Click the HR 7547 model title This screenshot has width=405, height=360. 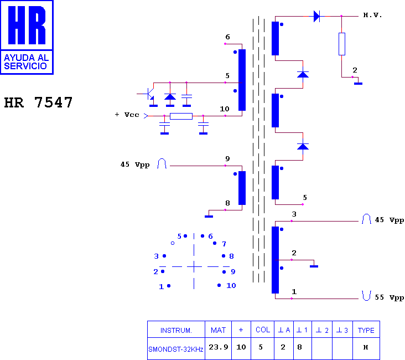coord(38,102)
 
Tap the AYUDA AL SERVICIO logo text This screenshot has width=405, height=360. coord(26,62)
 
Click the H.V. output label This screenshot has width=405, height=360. coord(372,16)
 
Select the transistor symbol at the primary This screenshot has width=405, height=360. coord(149,94)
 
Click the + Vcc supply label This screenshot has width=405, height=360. coord(127,115)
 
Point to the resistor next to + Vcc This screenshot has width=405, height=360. coord(181,116)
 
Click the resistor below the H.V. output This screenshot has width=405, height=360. coord(342,44)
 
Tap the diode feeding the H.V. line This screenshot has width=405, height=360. coord(316,16)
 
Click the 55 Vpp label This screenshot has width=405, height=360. coord(390,297)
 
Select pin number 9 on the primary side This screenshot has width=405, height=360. coord(227,158)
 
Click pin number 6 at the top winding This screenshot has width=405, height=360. coord(227,37)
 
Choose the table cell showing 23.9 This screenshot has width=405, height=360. coord(218,347)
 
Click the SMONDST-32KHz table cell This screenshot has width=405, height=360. coord(176,349)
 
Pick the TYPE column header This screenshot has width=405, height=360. coord(366,330)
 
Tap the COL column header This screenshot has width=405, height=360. coord(263,330)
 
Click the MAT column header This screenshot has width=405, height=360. coord(218,330)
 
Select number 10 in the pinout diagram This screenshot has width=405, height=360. coord(231,286)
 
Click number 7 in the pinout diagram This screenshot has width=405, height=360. coord(224,244)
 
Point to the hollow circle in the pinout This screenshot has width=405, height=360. coord(173,243)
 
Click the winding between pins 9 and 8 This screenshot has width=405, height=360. coord(242,188)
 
